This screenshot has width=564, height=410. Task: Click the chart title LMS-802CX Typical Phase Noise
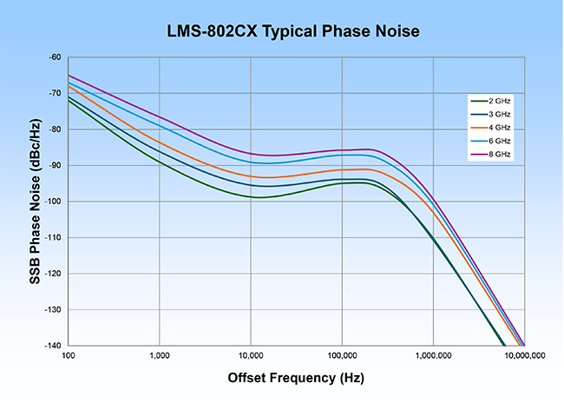(x=281, y=32)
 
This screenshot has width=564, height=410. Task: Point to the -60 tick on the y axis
(x=55, y=57)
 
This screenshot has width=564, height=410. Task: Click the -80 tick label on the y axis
(x=55, y=129)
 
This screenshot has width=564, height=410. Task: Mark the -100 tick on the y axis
(x=53, y=202)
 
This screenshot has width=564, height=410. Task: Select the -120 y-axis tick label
(x=53, y=274)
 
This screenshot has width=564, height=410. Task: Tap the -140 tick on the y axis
(x=53, y=346)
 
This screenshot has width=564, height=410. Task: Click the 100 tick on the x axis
(x=69, y=356)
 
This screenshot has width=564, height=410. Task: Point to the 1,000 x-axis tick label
(x=159, y=356)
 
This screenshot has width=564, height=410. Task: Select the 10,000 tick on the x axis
(x=250, y=356)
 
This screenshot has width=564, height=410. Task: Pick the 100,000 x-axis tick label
(x=341, y=356)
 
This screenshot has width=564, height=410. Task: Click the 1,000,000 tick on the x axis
(x=432, y=356)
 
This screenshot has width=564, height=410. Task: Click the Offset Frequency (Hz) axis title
(x=295, y=379)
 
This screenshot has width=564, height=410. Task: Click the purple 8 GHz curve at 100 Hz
(x=69, y=76)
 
